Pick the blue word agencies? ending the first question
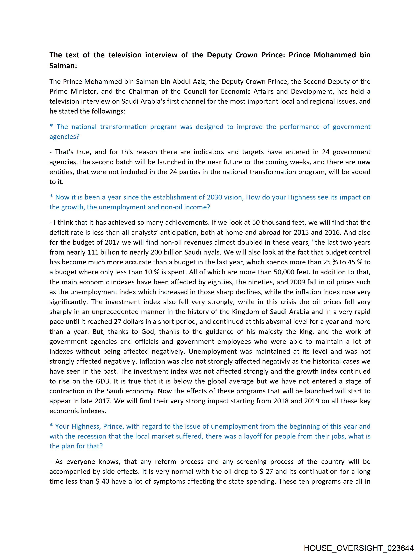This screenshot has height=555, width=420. (x=64, y=137)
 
